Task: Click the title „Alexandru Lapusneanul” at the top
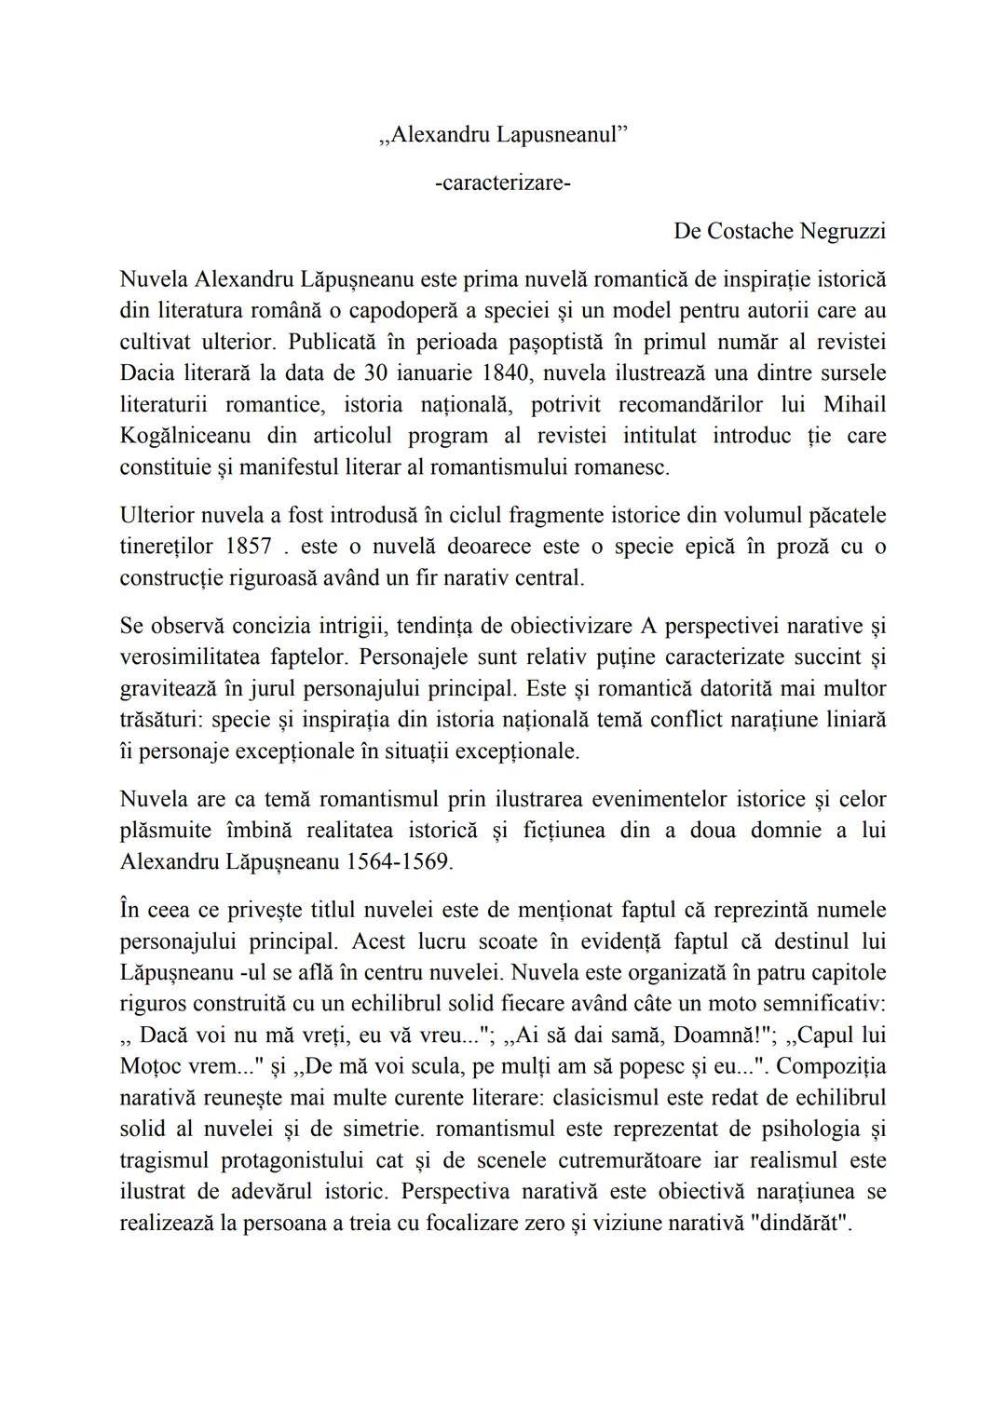503,134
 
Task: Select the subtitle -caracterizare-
503,183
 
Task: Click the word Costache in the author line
738,231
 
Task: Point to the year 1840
508,373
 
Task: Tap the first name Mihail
854,405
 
